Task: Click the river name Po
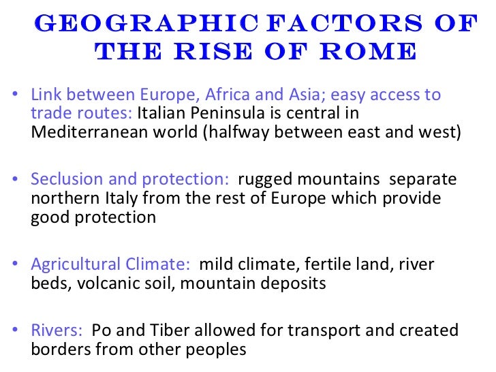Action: pos(101,330)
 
